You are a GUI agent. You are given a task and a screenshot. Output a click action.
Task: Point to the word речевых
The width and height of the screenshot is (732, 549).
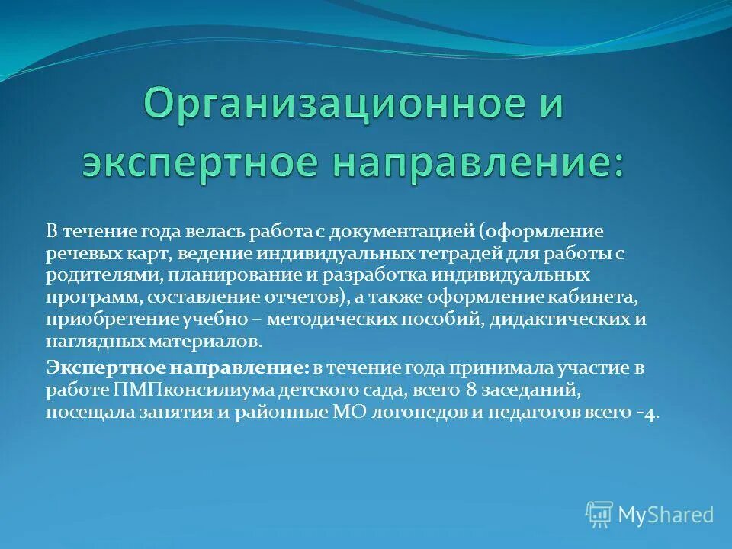77,252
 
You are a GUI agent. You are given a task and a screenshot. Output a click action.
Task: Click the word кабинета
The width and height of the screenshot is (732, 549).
603,297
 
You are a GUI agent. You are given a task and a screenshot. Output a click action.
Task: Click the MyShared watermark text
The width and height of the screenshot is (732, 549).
665,515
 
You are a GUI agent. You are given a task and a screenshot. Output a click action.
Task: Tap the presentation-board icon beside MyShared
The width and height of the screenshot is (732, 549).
599,515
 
